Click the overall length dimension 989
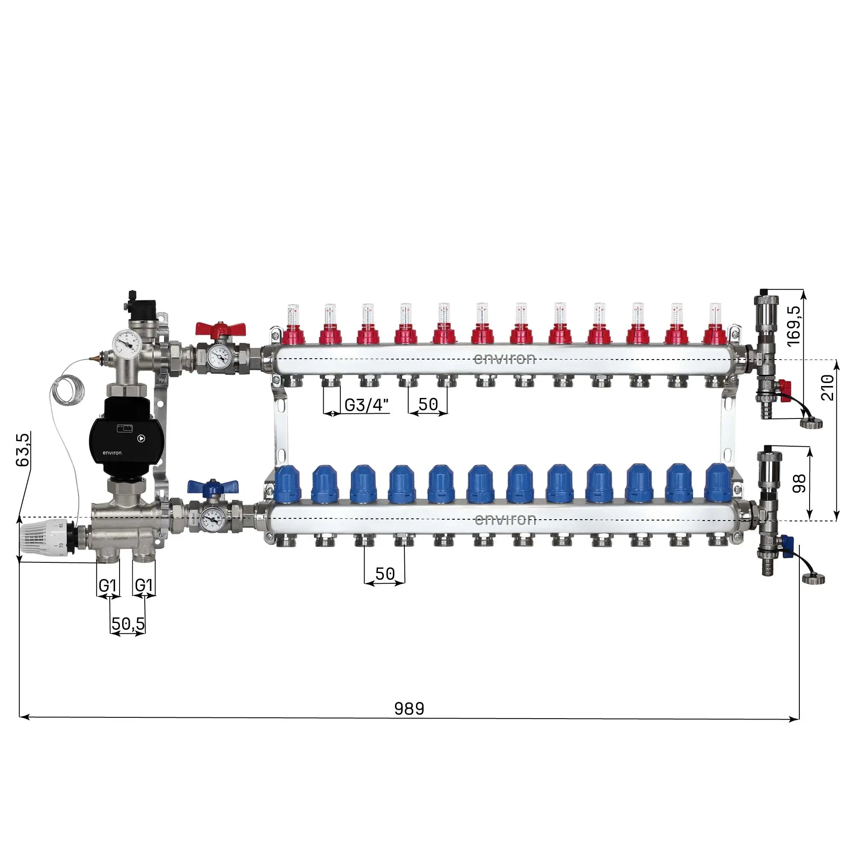click(409, 708)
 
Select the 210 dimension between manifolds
click(828, 388)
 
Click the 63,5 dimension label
click(23, 449)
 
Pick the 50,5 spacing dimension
click(128, 624)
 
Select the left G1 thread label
click(108, 585)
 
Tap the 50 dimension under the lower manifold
click(385, 574)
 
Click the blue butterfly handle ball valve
click(213, 487)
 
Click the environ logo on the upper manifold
click(504, 359)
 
